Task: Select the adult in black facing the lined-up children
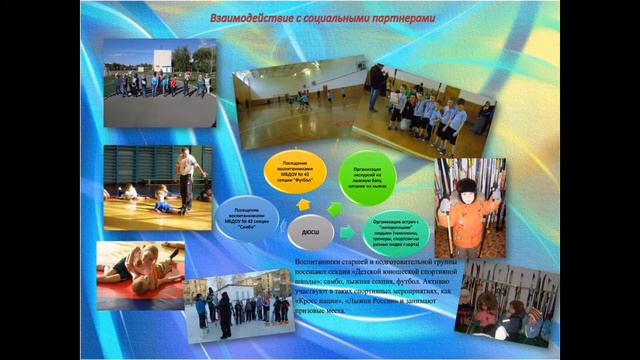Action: pos(376,86)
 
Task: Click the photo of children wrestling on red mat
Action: pos(140,273)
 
